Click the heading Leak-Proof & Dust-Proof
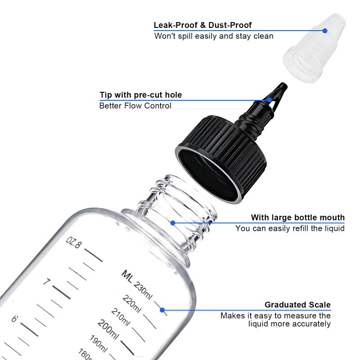pyautogui.click(x=202, y=25)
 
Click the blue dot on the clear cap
pyautogui.click(x=325, y=31)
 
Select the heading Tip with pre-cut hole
pyautogui.click(x=140, y=95)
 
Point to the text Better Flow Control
pyautogui.click(x=135, y=106)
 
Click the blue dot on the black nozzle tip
pyautogui.click(x=270, y=99)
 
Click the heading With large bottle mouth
pyautogui.click(x=297, y=218)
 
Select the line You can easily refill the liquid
pyautogui.click(x=290, y=229)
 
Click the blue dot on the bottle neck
pyautogui.click(x=173, y=222)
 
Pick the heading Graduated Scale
pyautogui.click(x=297, y=305)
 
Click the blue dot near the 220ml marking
pyautogui.click(x=162, y=310)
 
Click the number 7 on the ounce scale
pyautogui.click(x=46, y=282)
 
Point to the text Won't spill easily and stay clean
pyautogui.click(x=214, y=36)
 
